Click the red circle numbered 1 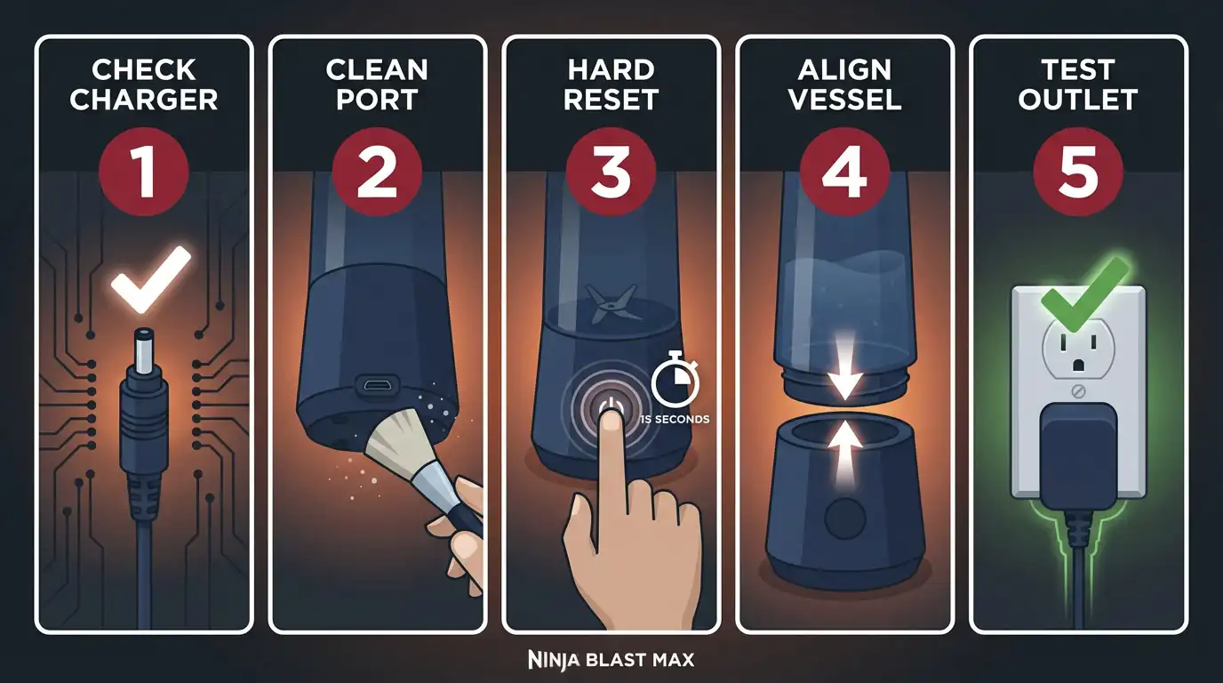click(144, 172)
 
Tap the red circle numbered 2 click(377, 172)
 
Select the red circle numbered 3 click(611, 172)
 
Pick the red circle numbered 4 click(844, 172)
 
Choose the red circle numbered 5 click(1078, 172)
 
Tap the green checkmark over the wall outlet click(1083, 295)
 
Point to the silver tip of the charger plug click(143, 350)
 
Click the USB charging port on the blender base click(376, 385)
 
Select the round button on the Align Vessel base click(844, 518)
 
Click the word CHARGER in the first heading click(144, 100)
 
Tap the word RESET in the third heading click(611, 100)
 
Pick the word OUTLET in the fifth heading click(1078, 100)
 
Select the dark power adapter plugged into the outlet click(1078, 458)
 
